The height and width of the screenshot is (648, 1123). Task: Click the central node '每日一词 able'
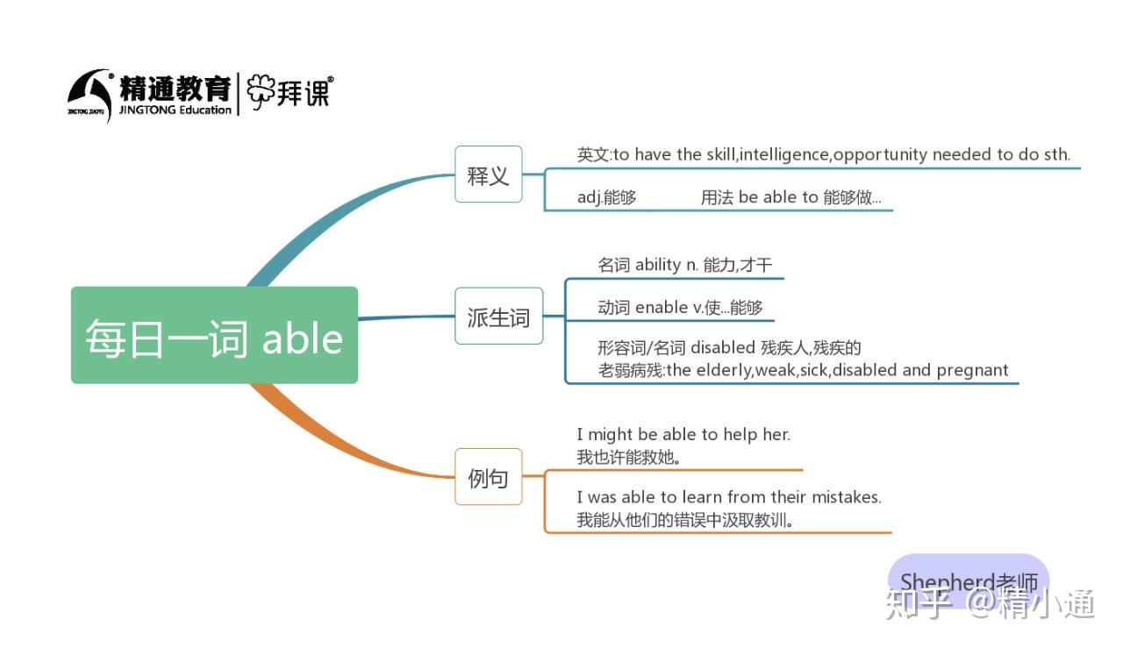click(x=214, y=336)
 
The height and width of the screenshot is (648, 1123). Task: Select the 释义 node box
click(x=488, y=174)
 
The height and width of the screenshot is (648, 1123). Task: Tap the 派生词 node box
click(x=498, y=316)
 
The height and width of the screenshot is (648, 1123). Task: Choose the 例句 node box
click(x=488, y=477)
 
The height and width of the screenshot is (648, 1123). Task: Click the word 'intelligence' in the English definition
click(x=784, y=155)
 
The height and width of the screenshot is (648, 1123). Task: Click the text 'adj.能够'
click(x=607, y=197)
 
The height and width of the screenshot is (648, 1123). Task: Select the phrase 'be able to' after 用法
click(x=778, y=197)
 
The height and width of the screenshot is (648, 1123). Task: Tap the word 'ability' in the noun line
click(x=658, y=265)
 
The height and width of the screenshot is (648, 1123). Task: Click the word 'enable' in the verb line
click(x=662, y=307)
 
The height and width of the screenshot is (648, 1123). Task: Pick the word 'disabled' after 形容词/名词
click(x=723, y=348)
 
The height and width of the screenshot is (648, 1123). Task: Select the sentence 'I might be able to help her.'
click(x=683, y=434)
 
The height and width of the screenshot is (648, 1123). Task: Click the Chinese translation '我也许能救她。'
click(x=629, y=457)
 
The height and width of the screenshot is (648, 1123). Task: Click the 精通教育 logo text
click(x=175, y=88)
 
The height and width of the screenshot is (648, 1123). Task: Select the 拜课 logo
click(x=290, y=91)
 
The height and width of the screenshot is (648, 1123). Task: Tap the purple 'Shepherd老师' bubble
click(x=969, y=580)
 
